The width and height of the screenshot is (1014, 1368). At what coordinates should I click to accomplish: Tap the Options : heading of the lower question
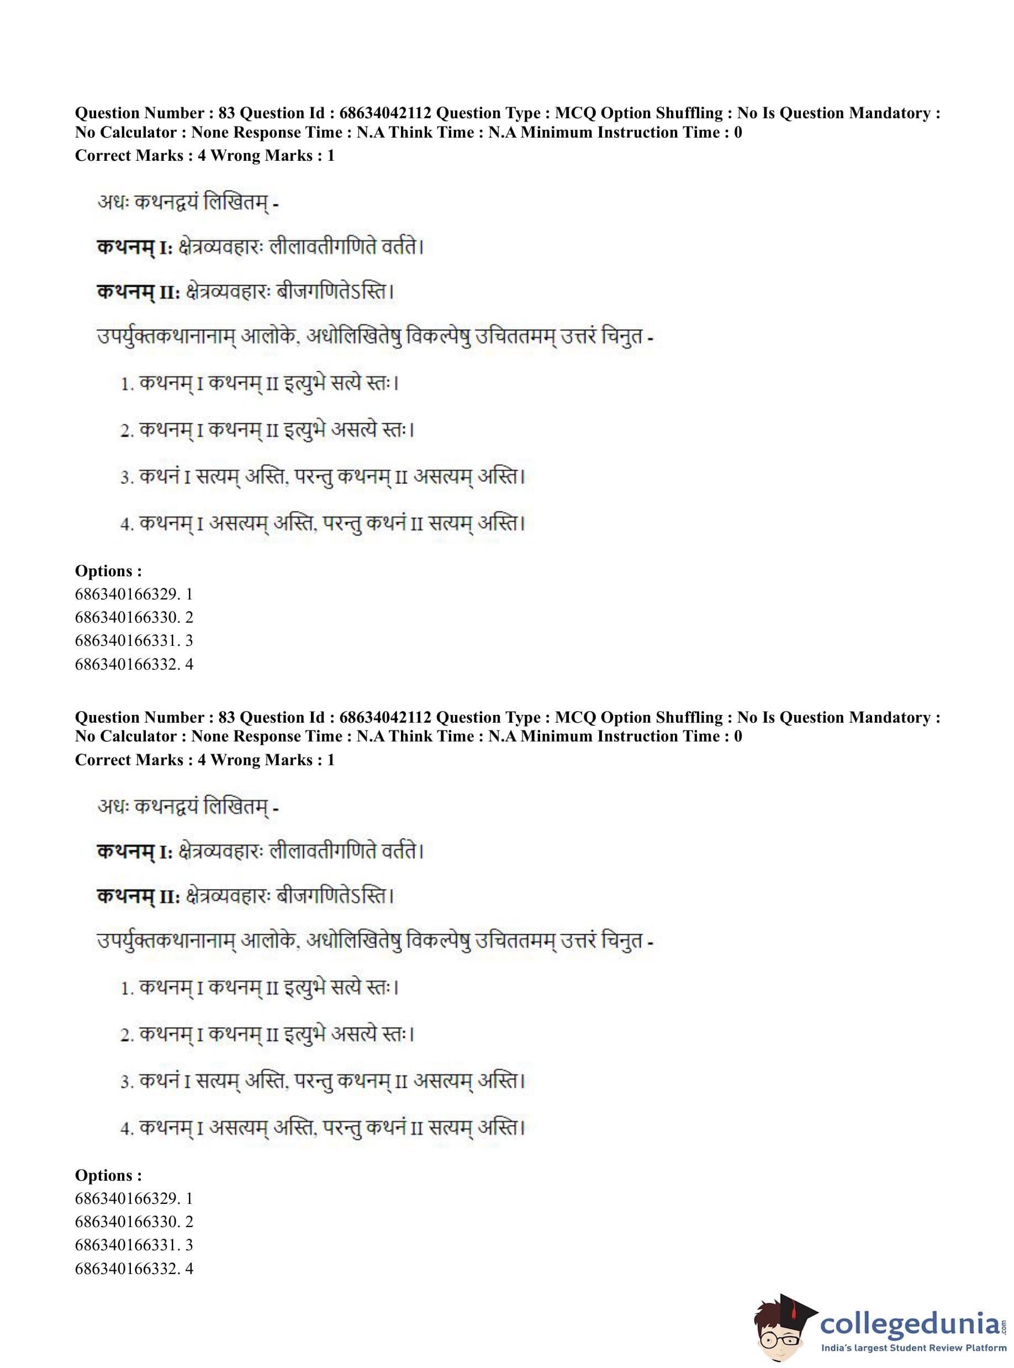click(x=109, y=1175)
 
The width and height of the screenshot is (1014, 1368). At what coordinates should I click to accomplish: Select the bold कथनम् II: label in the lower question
click(x=138, y=897)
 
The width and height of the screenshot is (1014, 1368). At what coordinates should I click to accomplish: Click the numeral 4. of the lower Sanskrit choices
click(x=127, y=1129)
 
